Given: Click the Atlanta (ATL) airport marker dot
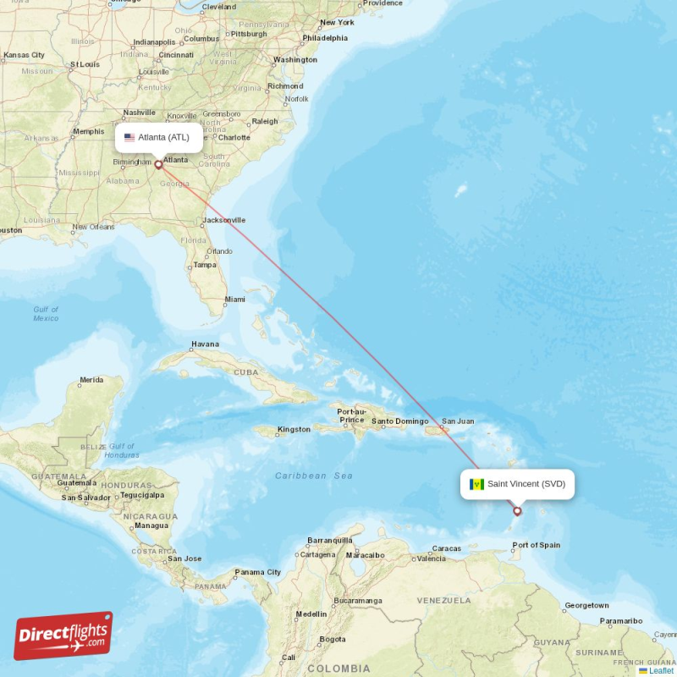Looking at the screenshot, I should point(158,165).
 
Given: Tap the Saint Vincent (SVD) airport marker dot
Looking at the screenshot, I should point(517,511).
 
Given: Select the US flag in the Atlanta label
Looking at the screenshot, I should point(129,137).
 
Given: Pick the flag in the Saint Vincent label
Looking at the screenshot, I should point(476,484).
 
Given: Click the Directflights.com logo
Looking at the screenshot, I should point(63,636).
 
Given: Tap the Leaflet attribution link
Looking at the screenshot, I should point(661,670).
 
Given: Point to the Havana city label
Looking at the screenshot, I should point(205,344).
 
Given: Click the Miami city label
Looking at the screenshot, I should point(234,299).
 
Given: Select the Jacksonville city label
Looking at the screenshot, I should point(224,220).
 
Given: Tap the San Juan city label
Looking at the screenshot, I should point(458,421).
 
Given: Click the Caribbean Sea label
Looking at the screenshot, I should point(314,476).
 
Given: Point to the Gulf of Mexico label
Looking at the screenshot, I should point(46,314).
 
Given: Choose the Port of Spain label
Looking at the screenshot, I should point(536,545).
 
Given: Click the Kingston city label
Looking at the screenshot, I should point(294,429).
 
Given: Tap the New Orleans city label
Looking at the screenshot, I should point(93,227).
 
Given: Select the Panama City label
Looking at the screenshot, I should point(257,572).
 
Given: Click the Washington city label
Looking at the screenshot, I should point(295,60).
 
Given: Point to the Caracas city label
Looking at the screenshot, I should point(446,548).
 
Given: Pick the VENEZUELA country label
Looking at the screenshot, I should point(443,600).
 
